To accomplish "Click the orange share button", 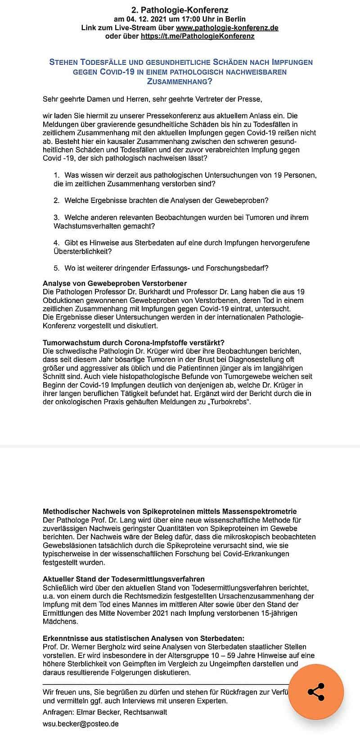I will coord(316,692).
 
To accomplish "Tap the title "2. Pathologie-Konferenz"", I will coord(180,9).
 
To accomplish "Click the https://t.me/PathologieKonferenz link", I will coord(198,36).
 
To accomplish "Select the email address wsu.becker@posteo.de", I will coord(81,724).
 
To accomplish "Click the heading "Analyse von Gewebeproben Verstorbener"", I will coord(115,283).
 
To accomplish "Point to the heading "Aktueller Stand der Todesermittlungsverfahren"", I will coord(124,579).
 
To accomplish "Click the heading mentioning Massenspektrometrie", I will coord(170,511).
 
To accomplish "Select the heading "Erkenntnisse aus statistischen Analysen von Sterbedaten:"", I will coord(144,638).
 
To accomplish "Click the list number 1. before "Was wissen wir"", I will coord(56,175).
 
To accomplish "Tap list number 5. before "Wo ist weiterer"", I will coord(56,268).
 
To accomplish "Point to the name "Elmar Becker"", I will coord(96,712).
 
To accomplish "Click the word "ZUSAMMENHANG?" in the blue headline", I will coord(180,81).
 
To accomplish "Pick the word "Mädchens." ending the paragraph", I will coord(60,622).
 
